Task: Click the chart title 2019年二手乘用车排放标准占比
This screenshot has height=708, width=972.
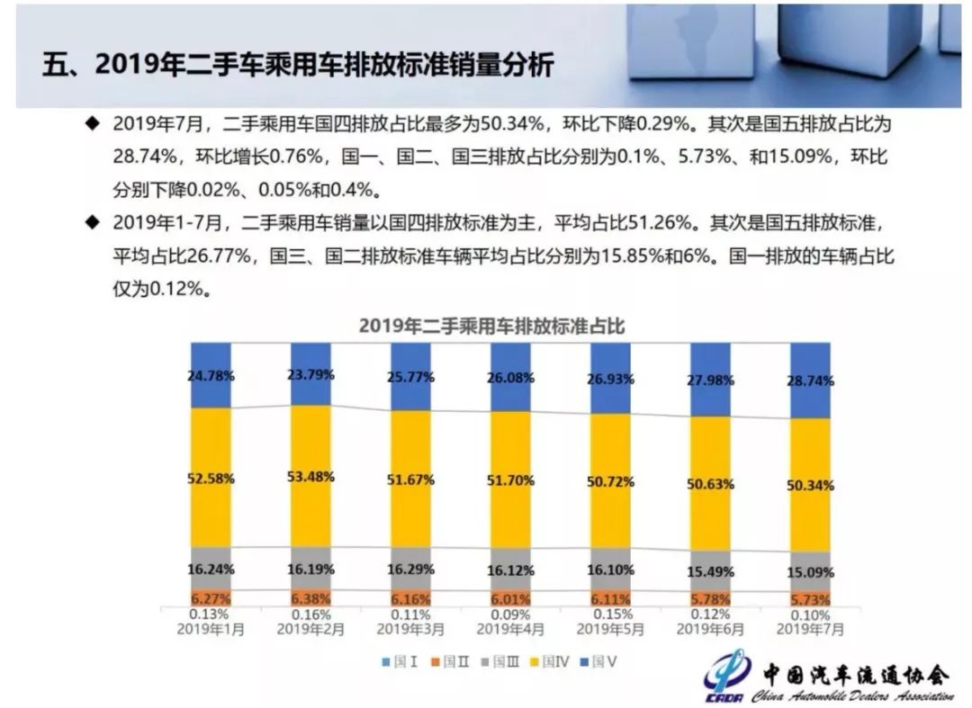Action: pyautogui.click(x=491, y=326)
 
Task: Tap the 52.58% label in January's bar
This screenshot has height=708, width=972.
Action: pyautogui.click(x=212, y=479)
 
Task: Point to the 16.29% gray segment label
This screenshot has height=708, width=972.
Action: pyautogui.click(x=410, y=569)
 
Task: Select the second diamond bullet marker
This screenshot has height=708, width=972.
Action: pyautogui.click(x=91, y=221)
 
